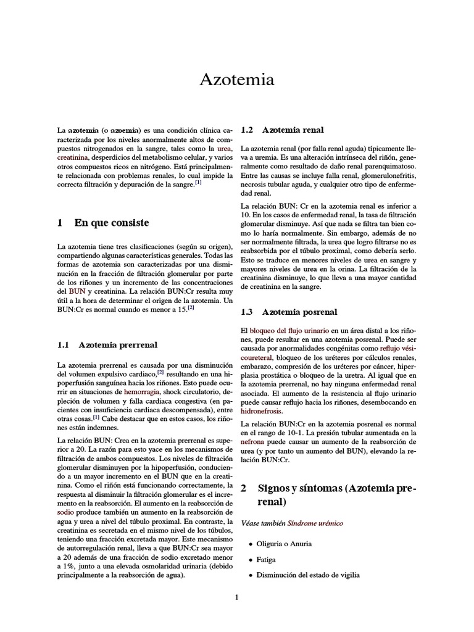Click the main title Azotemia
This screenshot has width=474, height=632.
pyautogui.click(x=237, y=80)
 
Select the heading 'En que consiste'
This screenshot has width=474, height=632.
pyautogui.click(x=111, y=222)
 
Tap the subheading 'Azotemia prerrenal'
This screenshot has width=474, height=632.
pyautogui.click(x=118, y=345)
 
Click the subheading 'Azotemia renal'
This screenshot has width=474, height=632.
pyautogui.click(x=293, y=130)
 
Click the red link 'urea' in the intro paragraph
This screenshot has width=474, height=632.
pyautogui.click(x=225, y=150)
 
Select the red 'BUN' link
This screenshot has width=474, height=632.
pyautogui.click(x=77, y=289)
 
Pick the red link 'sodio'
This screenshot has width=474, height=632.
pyautogui.click(x=65, y=512)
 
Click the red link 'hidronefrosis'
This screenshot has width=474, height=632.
pyautogui.click(x=261, y=410)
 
